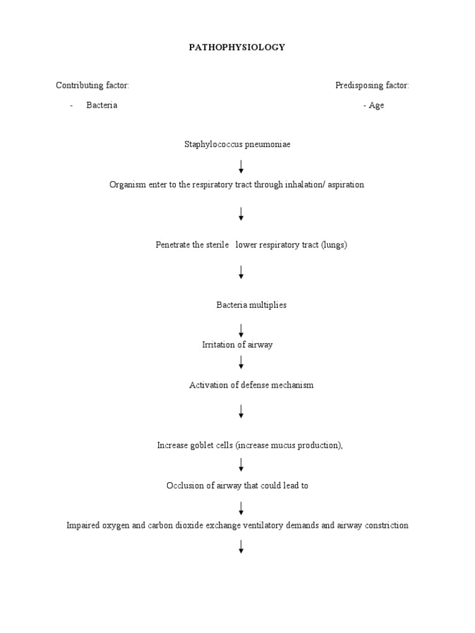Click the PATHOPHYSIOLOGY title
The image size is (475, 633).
coord(237,48)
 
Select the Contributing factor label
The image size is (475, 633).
coord(92,85)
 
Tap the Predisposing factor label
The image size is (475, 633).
coord(372,85)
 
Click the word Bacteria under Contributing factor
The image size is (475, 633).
coord(102,105)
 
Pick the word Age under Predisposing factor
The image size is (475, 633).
coord(376,105)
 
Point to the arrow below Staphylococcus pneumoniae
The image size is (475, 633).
coord(241,166)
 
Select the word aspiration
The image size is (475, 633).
coord(344,185)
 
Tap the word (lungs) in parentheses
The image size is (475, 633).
coord(334,245)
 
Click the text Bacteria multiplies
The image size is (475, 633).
coord(251,305)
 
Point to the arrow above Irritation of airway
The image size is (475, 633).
coord(241,330)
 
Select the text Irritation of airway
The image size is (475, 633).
coord(237,345)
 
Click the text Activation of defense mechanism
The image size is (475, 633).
coord(251,385)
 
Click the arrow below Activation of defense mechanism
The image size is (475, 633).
coord(241,411)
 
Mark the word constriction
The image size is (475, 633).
coord(385,525)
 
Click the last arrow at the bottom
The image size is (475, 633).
coord(241,546)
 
